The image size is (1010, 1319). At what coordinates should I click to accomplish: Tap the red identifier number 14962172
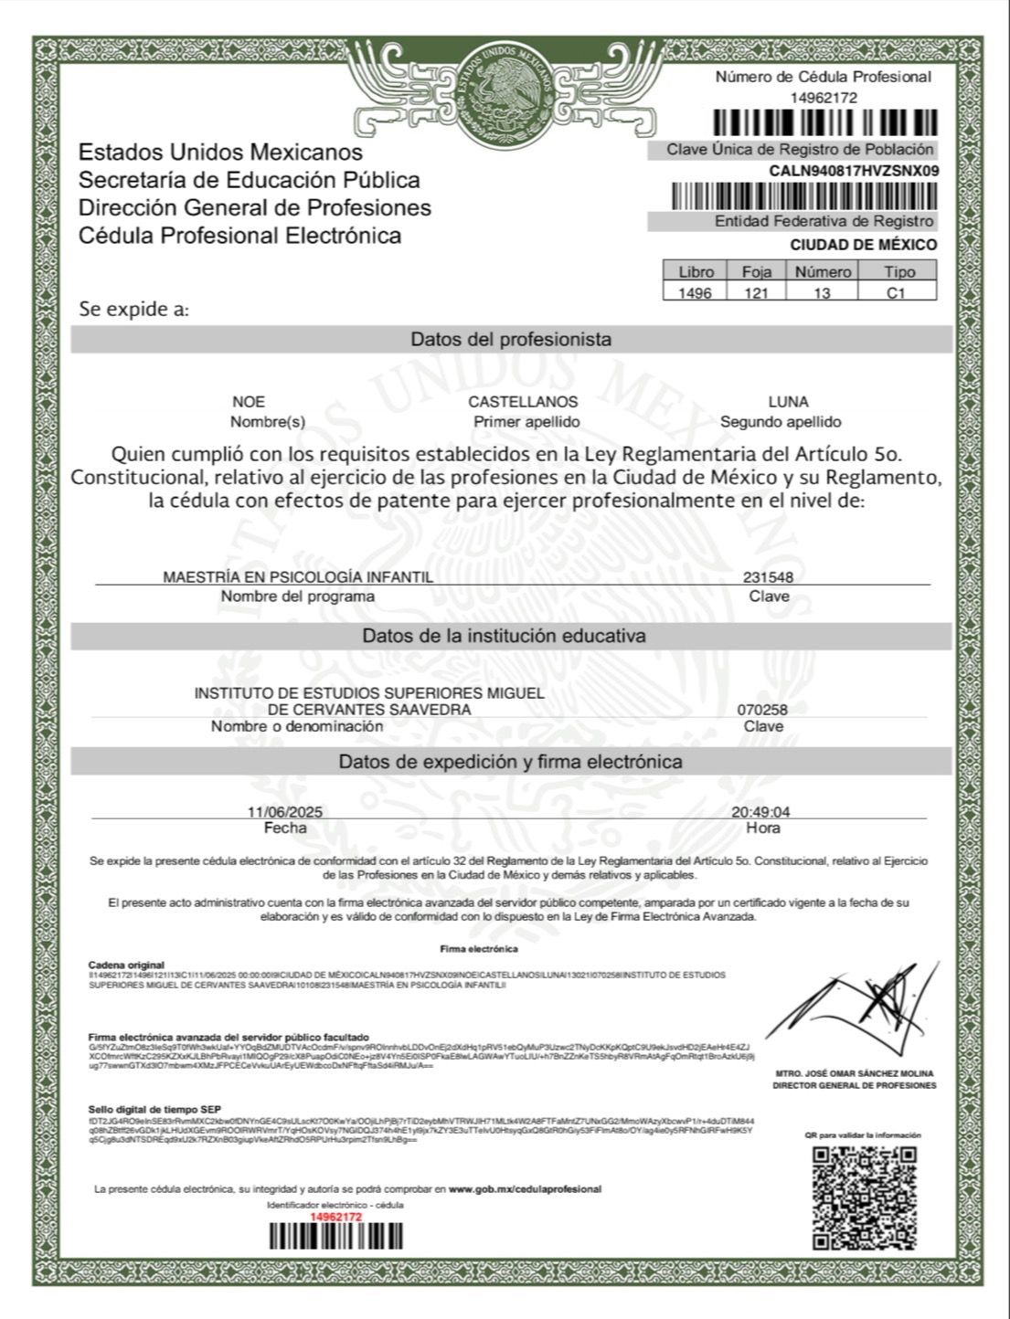pos(336,1217)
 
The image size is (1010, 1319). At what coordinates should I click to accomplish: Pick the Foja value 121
pos(756,293)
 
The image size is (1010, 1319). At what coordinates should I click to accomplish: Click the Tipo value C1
pos(896,293)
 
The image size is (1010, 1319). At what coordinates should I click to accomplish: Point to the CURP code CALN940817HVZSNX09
pos(853,171)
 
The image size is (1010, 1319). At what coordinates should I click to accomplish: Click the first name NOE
pos(249,402)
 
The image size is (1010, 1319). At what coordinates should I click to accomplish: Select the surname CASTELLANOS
pos(523,402)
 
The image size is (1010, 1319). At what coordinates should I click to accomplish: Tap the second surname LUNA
pos(788,402)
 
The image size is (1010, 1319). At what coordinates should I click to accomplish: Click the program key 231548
pos(768,577)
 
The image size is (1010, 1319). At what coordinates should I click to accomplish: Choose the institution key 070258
pos(762,710)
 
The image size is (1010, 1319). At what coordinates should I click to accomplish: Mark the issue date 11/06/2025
pos(284,812)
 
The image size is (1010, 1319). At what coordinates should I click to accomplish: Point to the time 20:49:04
pos(760,812)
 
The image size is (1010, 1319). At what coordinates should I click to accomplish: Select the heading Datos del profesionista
pos(511,340)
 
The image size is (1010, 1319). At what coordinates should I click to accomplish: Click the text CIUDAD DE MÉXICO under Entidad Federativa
pos(863,245)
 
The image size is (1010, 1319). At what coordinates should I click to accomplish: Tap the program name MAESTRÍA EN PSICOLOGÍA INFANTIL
pos(298,577)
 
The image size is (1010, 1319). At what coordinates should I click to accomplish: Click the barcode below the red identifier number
pos(335,1236)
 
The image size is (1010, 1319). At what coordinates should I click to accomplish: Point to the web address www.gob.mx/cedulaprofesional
pos(525,1189)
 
